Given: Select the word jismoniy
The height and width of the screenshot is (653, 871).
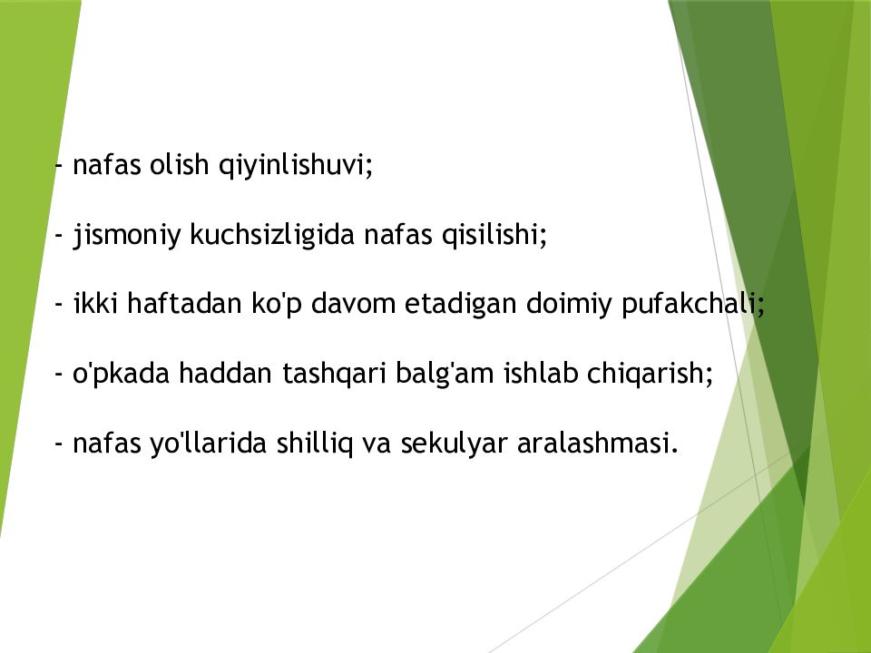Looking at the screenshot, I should pos(127,237).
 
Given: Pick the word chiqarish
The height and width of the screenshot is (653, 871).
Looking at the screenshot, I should pos(654,374).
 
